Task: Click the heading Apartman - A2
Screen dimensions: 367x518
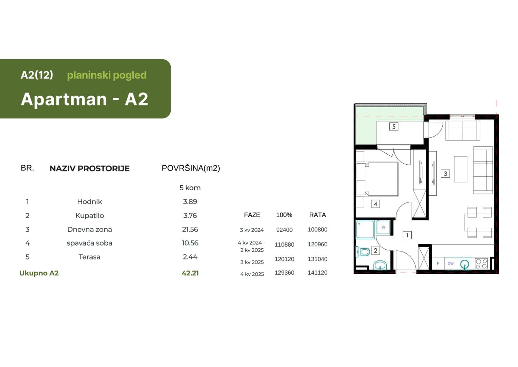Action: pos(85,99)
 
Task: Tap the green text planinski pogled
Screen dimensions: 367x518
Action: pos(107,75)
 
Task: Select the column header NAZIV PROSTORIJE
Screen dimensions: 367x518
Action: pos(89,168)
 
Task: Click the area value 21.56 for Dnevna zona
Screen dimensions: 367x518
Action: pos(190,229)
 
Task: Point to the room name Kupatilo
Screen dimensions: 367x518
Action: pos(89,215)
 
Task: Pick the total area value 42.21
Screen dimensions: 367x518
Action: pos(190,273)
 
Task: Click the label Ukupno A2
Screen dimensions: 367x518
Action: pos(39,273)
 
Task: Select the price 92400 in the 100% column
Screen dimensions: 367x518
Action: pos(284,230)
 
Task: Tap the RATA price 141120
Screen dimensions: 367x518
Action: pos(317,273)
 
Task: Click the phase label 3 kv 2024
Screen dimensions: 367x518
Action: pos(252,230)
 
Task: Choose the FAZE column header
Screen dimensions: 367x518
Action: pos(252,215)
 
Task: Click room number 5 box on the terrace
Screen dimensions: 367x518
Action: pos(394,127)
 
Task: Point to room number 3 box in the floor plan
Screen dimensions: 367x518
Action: pos(445,174)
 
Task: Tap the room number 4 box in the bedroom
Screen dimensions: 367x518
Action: pos(375,204)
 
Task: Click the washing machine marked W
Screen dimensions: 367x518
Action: pos(383,228)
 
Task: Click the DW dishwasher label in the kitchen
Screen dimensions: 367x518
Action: pos(451,264)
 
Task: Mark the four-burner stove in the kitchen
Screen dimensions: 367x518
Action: pos(481,264)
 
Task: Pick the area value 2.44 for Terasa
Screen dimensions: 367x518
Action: pos(190,257)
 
